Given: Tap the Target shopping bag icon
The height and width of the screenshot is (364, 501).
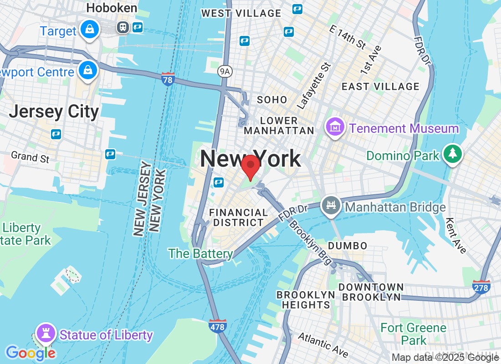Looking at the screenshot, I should [x=90, y=30].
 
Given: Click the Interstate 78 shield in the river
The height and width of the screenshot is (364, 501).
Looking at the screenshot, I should [x=168, y=79].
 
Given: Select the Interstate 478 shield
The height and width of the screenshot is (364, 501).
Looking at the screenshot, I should [x=218, y=325].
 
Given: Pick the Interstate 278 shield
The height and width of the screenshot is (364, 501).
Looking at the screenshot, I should [x=481, y=286].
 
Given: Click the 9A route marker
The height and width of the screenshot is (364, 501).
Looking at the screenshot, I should [x=225, y=71].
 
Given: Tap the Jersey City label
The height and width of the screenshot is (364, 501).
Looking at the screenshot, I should [x=54, y=111].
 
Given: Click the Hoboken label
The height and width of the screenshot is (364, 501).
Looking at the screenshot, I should [x=112, y=8].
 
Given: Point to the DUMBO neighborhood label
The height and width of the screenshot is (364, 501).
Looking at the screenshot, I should [x=348, y=246].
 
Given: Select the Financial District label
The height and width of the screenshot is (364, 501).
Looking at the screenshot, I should [x=238, y=217].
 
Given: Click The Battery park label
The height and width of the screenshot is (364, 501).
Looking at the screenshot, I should [x=200, y=253].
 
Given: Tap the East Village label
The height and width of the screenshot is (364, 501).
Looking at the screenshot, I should [x=380, y=86].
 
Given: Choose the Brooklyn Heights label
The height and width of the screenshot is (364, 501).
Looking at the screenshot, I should [x=306, y=299].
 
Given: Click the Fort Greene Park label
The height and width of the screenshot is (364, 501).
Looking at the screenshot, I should [x=414, y=334].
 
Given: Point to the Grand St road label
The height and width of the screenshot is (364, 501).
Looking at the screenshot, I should [x=30, y=157].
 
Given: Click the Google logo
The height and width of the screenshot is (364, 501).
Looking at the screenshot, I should [x=31, y=353].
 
